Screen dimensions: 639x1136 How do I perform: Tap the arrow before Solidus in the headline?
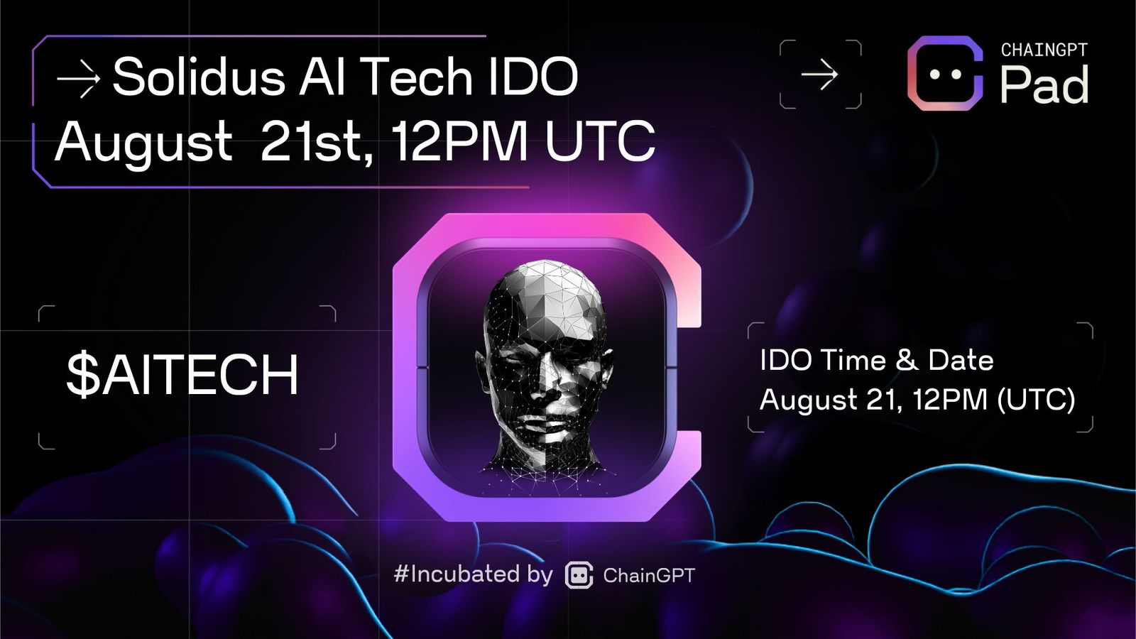tap(78, 77)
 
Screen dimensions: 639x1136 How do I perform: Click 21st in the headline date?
tap(315, 141)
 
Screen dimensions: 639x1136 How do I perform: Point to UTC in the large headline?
tap(600, 141)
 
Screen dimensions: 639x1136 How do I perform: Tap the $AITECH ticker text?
tap(182, 376)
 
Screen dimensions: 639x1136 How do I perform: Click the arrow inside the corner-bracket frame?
tap(819, 75)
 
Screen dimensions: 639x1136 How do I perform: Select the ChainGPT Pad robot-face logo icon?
tap(945, 73)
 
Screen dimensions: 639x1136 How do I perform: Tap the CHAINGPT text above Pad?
tap(1044, 50)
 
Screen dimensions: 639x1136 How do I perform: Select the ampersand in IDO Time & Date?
tap(906, 360)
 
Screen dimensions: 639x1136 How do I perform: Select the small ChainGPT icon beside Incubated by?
tap(579, 575)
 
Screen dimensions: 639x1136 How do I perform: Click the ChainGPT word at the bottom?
tap(649, 575)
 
